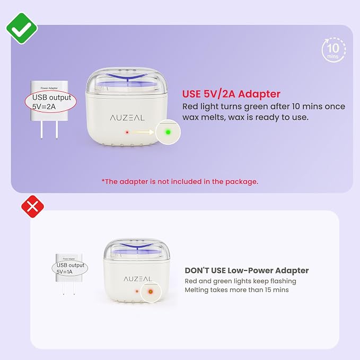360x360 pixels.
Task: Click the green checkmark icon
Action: (22, 29)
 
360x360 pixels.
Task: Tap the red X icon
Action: (32, 207)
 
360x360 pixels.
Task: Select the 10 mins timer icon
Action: (333, 50)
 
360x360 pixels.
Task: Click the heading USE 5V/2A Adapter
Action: (231, 94)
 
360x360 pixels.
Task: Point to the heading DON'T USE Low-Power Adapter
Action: (247, 270)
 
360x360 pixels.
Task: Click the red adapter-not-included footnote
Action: (180, 182)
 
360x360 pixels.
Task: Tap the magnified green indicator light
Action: (168, 132)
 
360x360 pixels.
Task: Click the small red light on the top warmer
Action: (127, 133)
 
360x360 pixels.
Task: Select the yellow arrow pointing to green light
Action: (142, 132)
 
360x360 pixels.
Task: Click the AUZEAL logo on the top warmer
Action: (127, 118)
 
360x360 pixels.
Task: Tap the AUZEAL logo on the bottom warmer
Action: (137, 279)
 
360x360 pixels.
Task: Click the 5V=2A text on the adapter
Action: (44, 107)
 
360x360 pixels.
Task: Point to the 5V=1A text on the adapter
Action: (64, 271)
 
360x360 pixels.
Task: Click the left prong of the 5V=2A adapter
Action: (41, 130)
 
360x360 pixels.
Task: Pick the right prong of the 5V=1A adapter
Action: (74, 288)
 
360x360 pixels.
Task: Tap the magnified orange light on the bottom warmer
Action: (151, 292)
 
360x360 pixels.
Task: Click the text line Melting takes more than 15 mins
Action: (236, 289)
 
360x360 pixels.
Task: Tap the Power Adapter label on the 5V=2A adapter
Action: (49, 88)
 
